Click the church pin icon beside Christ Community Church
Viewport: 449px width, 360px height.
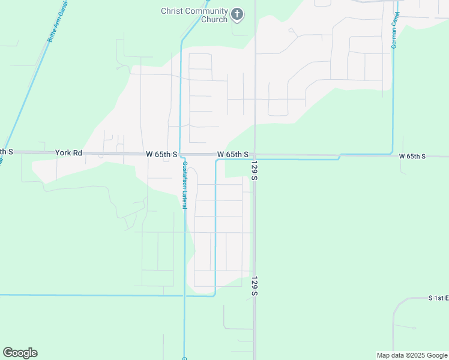(x=237, y=14)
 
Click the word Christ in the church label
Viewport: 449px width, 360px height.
(x=172, y=11)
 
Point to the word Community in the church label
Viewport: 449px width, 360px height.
(x=206, y=11)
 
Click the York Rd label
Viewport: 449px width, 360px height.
(x=68, y=153)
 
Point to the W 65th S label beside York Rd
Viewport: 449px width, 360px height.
(x=161, y=154)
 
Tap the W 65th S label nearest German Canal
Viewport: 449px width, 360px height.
(x=412, y=156)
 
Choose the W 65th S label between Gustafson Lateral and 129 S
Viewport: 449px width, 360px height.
(x=233, y=154)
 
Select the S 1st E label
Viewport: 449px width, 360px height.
(x=438, y=298)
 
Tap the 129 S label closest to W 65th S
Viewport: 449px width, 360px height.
(x=255, y=171)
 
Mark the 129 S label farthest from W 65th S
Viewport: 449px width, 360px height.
(x=255, y=286)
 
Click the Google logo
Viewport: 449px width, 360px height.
(x=20, y=353)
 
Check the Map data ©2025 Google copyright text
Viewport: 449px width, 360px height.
(x=412, y=355)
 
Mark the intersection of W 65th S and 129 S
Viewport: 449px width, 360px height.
(x=255, y=155)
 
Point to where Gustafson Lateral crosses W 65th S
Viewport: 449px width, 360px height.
(x=181, y=154)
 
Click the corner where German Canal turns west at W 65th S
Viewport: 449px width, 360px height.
(x=393, y=153)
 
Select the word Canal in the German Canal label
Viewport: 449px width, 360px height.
(x=397, y=22)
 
